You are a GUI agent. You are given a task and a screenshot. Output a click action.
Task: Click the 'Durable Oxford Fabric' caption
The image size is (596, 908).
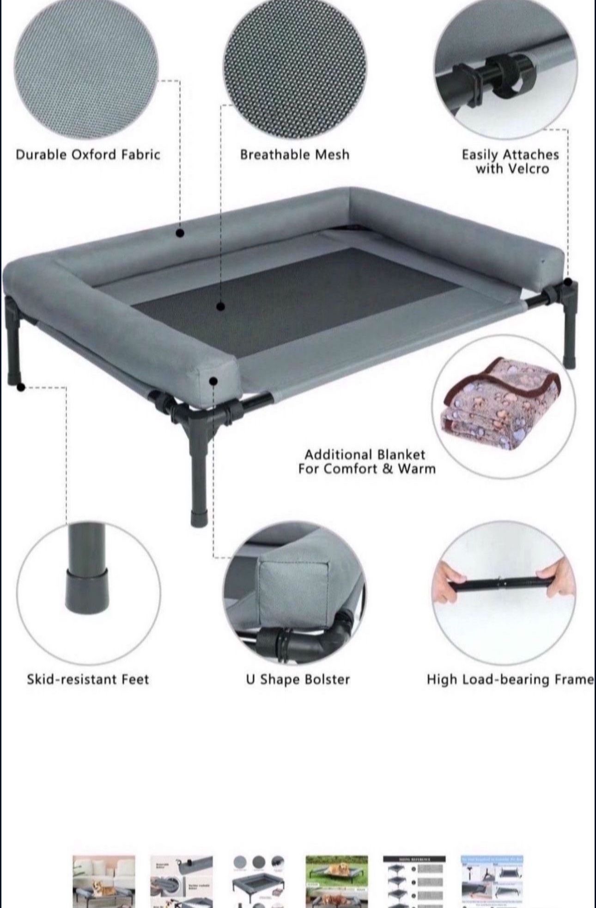click(x=88, y=154)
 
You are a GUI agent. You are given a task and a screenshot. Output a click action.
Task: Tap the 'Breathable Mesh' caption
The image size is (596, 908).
click(x=294, y=154)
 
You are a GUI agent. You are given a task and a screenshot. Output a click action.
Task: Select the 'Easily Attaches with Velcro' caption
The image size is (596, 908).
click(x=510, y=161)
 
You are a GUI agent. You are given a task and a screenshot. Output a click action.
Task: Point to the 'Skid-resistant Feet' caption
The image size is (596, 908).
click(x=88, y=679)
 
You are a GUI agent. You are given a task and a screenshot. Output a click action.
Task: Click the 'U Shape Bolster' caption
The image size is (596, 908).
click(x=298, y=679)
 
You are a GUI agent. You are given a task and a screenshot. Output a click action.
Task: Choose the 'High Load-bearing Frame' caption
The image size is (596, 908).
click(x=510, y=679)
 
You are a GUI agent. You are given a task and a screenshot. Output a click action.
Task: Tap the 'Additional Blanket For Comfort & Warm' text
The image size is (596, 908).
click(x=366, y=462)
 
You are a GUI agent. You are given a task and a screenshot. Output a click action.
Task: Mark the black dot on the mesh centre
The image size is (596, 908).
click(x=221, y=306)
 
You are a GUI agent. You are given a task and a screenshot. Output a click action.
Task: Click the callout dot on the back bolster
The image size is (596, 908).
click(x=181, y=234)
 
